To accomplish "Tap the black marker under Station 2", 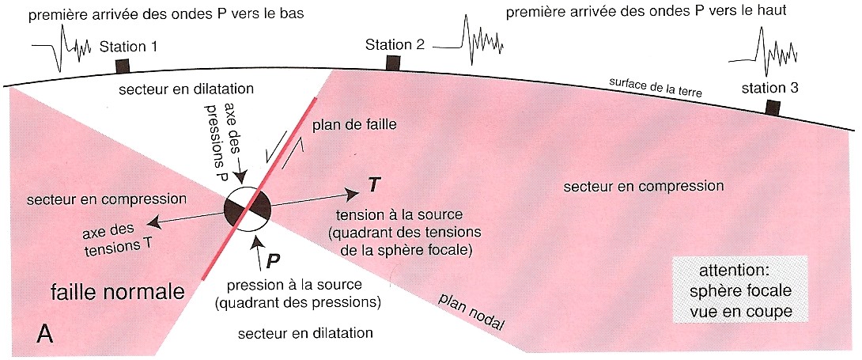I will pos(393,62).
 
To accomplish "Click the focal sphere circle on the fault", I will pos(248,210).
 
